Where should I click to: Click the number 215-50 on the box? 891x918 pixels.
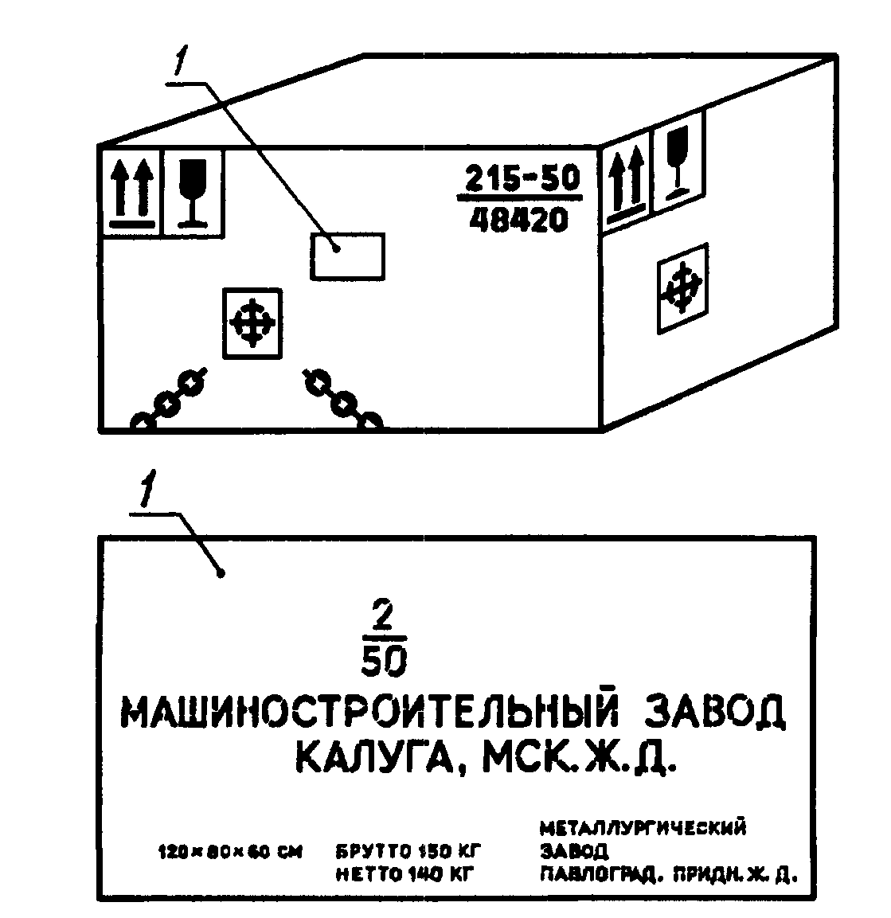click(x=522, y=179)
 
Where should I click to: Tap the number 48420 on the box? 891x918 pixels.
click(x=518, y=219)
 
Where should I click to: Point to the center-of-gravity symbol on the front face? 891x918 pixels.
click(x=252, y=323)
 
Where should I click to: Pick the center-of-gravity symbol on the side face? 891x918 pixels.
click(x=682, y=288)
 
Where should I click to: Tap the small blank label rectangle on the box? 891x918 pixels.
click(x=347, y=256)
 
